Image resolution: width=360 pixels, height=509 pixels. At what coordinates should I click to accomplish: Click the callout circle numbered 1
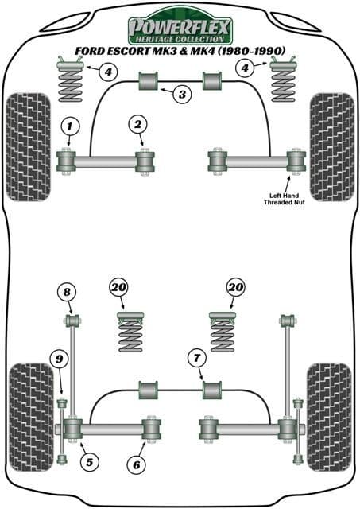[x=71, y=126]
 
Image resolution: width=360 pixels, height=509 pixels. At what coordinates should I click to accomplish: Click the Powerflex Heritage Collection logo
[x=180, y=26]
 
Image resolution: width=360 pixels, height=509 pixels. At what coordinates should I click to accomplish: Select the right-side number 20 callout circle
[x=234, y=286]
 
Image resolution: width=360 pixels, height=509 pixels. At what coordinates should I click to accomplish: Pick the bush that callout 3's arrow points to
[x=149, y=81]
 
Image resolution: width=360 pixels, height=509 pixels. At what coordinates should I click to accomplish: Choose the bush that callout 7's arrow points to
[x=212, y=390]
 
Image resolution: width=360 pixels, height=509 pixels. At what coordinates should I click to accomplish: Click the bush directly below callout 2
[x=145, y=162]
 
